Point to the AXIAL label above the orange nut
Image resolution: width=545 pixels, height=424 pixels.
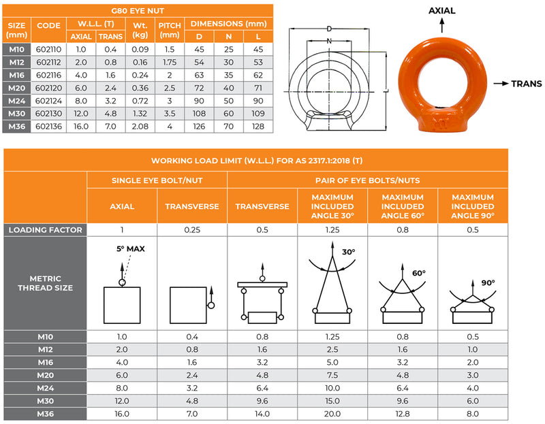point(442,11)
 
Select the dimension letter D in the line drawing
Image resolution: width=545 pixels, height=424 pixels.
point(329,29)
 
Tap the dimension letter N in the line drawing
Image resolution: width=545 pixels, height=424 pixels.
point(329,41)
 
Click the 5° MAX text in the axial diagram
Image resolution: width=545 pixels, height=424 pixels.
point(131,248)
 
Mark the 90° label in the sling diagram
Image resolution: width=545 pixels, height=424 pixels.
point(488,282)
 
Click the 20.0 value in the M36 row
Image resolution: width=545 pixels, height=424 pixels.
point(332,413)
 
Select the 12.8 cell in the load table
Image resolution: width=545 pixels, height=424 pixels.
point(402,413)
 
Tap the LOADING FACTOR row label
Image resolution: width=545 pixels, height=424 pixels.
point(46,230)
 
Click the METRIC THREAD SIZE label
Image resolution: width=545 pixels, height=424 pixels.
point(46,282)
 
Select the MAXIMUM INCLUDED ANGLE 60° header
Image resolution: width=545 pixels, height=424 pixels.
point(402,206)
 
